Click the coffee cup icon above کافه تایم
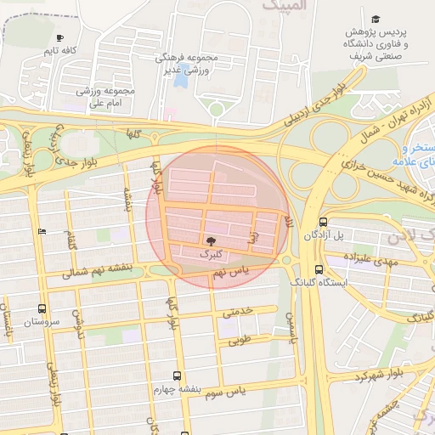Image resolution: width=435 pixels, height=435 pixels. point(59,37)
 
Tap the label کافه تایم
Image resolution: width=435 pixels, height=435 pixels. point(61,51)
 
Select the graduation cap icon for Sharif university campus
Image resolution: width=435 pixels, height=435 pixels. point(375,19)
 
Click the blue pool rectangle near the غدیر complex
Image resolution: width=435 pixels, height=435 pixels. point(181,82)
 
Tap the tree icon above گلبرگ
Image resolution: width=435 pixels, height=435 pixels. point(210,241)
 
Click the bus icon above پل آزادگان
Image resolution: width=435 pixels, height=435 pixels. point(322,223)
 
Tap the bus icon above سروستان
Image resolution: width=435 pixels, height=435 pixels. point(42,309)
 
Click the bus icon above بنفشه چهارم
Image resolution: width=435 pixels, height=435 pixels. point(177,376)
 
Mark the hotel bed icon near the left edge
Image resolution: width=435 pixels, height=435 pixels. point(42,231)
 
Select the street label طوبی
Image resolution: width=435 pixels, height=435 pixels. point(229,342)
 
